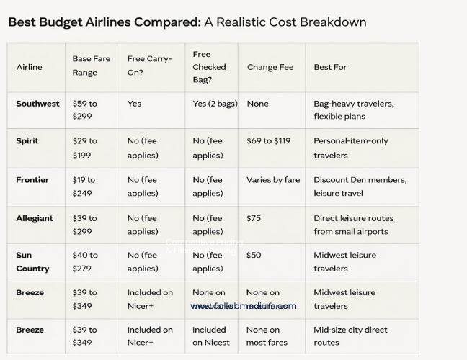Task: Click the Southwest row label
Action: (37, 104)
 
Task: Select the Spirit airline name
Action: (27, 141)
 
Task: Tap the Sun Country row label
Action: (32, 262)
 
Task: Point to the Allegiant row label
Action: (35, 218)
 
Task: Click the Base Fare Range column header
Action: (92, 66)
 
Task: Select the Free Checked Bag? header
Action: (209, 67)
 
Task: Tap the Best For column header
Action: (330, 67)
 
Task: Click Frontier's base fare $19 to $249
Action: (85, 186)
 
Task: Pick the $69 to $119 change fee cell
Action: (272, 141)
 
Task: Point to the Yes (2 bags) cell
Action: (215, 104)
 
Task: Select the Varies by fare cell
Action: (273, 180)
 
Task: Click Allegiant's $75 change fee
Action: (254, 218)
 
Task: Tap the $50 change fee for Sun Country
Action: (254, 256)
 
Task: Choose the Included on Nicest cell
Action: (208, 336)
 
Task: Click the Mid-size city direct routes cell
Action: (350, 336)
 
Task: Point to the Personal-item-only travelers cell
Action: (350, 148)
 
